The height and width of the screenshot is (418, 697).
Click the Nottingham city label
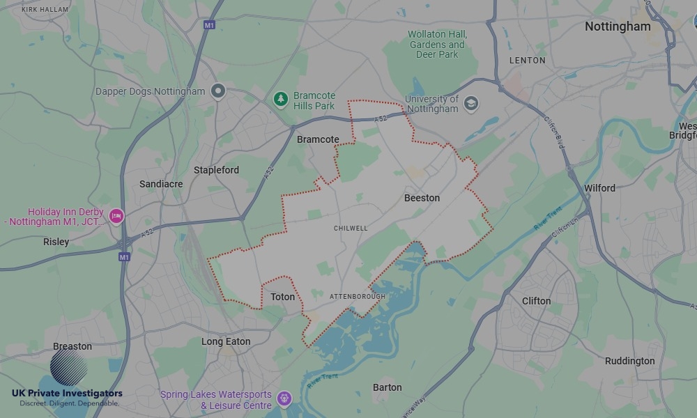click(x=618, y=26)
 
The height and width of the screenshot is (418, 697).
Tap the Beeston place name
click(x=422, y=198)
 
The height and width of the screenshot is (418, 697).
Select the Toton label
click(x=282, y=297)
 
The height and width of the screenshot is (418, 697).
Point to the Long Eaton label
click(x=226, y=341)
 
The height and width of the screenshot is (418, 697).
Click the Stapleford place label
click(x=216, y=170)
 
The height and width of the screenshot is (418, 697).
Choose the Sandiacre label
click(x=161, y=184)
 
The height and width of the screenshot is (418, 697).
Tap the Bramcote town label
click(x=318, y=139)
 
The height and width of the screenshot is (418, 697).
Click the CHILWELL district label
click(x=351, y=229)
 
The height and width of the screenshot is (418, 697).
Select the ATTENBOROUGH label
click(x=358, y=297)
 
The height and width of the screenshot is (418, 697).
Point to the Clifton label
click(x=536, y=301)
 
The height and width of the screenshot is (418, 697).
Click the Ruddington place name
click(x=629, y=361)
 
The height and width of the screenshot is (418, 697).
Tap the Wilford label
click(x=599, y=188)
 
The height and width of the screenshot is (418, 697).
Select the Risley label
click(x=56, y=242)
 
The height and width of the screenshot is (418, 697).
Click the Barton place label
click(x=387, y=387)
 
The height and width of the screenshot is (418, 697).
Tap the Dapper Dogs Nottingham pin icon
click(x=219, y=91)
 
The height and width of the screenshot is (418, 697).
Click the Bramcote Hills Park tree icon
click(x=281, y=100)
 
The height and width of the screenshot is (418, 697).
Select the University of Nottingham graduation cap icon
click(x=470, y=103)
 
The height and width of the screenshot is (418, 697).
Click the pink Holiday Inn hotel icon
click(x=116, y=217)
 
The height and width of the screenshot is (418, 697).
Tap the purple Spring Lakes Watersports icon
click(x=283, y=398)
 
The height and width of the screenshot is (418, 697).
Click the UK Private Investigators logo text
click(x=67, y=394)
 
